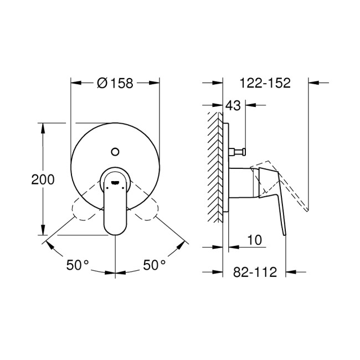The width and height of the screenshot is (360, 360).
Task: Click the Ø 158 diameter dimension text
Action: (x=115, y=83)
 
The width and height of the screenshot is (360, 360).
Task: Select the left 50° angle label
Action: (x=78, y=265)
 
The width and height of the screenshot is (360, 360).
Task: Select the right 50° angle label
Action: (x=155, y=265)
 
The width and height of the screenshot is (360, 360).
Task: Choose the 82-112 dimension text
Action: (x=254, y=272)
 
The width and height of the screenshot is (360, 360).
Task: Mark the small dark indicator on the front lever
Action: (x=115, y=181)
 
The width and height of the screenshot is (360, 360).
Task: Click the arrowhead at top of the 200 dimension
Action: (x=43, y=126)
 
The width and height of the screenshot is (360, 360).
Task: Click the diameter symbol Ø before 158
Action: (x=102, y=83)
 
